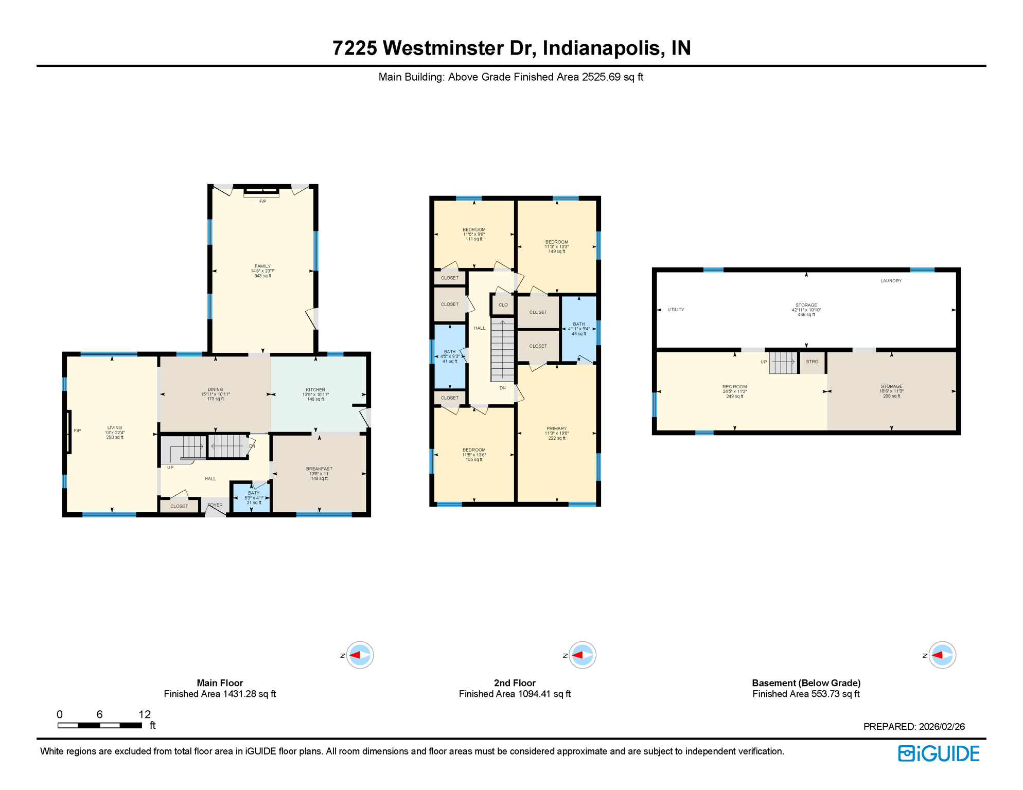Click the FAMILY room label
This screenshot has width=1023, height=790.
(x=262, y=266)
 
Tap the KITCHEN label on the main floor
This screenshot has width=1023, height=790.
(x=315, y=390)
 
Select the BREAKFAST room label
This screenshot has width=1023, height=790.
(x=319, y=469)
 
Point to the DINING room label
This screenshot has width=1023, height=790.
(x=215, y=390)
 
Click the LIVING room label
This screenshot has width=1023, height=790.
(x=115, y=428)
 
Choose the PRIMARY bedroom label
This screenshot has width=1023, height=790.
(x=556, y=428)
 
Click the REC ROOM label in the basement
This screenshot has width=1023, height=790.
(x=734, y=387)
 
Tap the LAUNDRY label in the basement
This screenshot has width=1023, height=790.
(x=891, y=281)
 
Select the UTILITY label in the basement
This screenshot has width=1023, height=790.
(x=676, y=310)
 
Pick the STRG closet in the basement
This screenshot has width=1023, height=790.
(x=812, y=362)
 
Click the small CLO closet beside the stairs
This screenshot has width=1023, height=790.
(x=503, y=305)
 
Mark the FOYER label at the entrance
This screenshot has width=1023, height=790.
(x=215, y=505)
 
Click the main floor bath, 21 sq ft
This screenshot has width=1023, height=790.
(x=254, y=497)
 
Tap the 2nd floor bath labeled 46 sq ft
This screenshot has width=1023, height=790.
(x=578, y=329)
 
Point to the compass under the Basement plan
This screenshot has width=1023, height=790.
(x=942, y=655)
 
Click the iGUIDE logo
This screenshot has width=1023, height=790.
(x=939, y=753)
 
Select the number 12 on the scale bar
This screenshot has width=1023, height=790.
(x=145, y=714)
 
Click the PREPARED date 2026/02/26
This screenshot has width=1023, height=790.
(x=941, y=727)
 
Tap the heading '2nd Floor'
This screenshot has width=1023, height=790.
(x=515, y=683)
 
